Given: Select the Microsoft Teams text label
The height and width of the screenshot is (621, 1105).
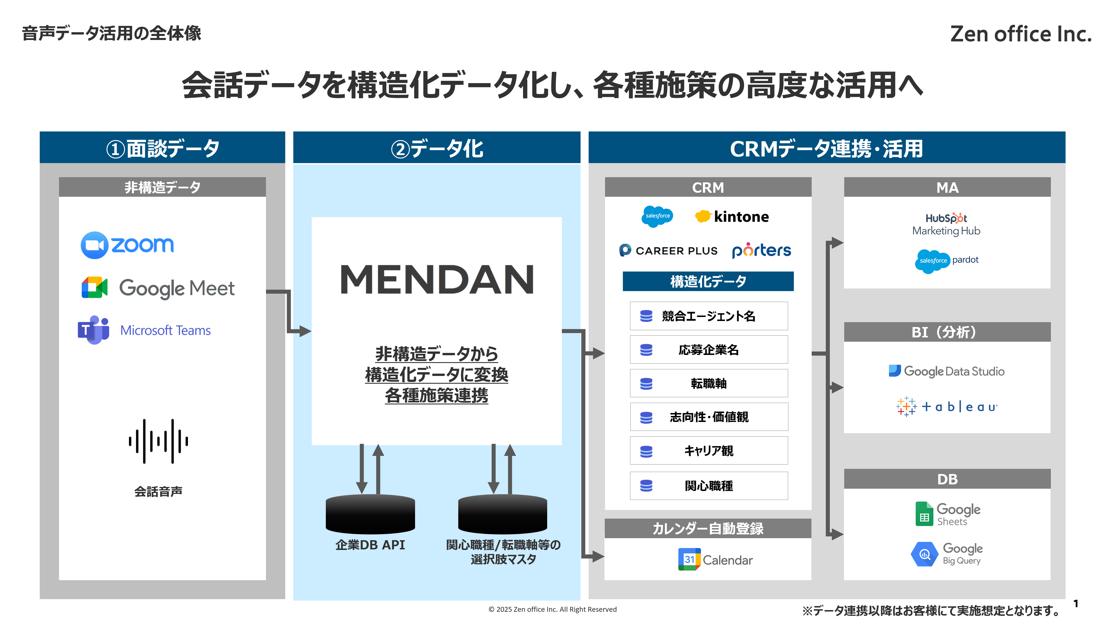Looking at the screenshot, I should click(x=165, y=330).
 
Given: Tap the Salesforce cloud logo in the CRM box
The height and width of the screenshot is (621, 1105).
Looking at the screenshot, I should click(x=657, y=216).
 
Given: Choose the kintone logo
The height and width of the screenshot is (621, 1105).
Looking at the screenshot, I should click(x=732, y=216).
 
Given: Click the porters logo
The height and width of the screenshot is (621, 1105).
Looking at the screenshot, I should click(x=761, y=250).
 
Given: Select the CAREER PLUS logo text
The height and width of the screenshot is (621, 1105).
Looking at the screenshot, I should click(x=676, y=251).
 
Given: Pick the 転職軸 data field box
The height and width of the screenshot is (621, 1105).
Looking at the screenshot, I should click(x=709, y=383).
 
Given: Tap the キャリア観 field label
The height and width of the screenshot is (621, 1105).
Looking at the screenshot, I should click(x=709, y=450).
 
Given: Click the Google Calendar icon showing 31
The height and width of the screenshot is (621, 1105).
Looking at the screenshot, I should click(x=689, y=559).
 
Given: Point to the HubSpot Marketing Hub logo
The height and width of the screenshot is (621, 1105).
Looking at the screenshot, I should click(x=946, y=224).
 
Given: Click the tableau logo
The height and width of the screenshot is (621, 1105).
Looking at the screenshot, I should click(x=947, y=406).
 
